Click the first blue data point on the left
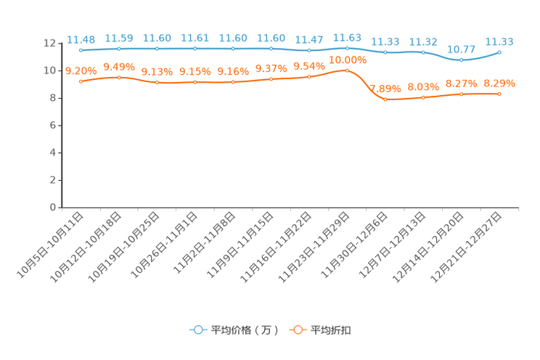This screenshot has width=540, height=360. pos(81,50)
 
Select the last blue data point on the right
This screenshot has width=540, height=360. pos(499,52)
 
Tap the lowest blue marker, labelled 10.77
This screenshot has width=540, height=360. pos(461,60)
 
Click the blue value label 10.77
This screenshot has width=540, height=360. pos(460,49)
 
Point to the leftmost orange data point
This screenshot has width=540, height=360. pos(81,81)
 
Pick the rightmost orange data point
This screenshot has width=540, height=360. pos(499,94)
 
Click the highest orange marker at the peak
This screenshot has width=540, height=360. pos(347,70)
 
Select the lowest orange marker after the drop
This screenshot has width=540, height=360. pos(385,99)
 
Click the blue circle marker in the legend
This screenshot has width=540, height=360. pos(197,330)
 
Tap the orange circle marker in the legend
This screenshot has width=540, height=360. pos(297,330)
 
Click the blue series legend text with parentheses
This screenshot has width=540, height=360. pos(245,330)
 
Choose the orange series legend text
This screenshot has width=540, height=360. pos(332,330)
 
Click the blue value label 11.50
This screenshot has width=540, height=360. pos(118,38)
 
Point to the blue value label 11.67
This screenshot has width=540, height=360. pos(308,38)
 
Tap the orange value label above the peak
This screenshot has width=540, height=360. pos(347,60)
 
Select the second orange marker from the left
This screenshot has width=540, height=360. pos(118,76)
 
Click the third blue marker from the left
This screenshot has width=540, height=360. pos(157,49)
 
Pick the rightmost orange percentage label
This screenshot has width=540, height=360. pos(499,83)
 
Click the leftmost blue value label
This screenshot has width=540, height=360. pos(81,39)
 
